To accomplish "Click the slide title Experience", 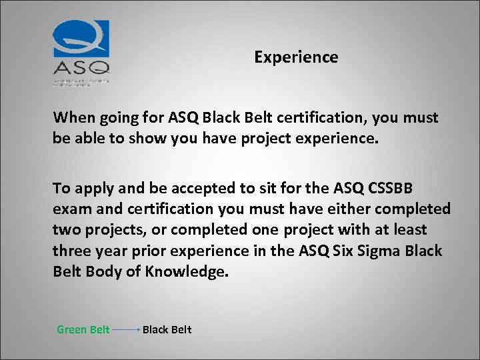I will coord(296,57).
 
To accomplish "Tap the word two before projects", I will coord(66,229).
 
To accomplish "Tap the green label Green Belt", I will coord(83,329).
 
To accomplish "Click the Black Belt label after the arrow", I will coord(167,329).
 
